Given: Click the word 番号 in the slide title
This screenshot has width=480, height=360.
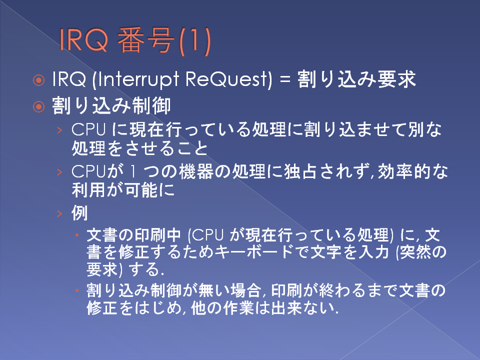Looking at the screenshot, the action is [x=145, y=40].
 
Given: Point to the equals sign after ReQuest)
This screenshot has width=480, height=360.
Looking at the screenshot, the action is [x=285, y=80].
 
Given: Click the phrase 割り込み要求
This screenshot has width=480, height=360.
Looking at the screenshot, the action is [x=356, y=79].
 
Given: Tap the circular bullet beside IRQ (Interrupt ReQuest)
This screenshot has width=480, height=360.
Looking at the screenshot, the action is [x=38, y=80].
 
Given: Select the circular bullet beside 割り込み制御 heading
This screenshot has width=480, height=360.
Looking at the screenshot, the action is [x=38, y=107].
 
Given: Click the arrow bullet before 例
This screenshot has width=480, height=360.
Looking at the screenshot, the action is [x=59, y=213].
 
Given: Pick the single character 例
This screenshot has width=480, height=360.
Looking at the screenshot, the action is [x=79, y=213].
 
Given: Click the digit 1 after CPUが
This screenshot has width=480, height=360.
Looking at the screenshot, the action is [x=132, y=171].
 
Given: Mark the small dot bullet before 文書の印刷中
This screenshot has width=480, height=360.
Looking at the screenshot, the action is [x=77, y=235].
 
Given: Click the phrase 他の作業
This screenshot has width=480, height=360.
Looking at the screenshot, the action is [x=222, y=308].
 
